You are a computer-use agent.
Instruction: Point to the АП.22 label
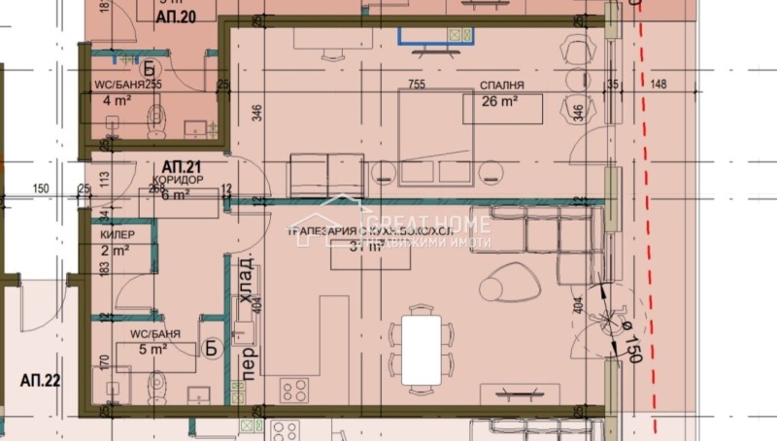click(40, 380)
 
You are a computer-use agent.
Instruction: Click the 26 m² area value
click(502, 101)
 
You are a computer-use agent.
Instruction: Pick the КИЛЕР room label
click(118, 235)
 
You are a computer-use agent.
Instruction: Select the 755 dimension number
click(418, 85)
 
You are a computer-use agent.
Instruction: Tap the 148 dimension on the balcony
click(659, 85)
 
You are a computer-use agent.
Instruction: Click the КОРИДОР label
click(178, 181)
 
